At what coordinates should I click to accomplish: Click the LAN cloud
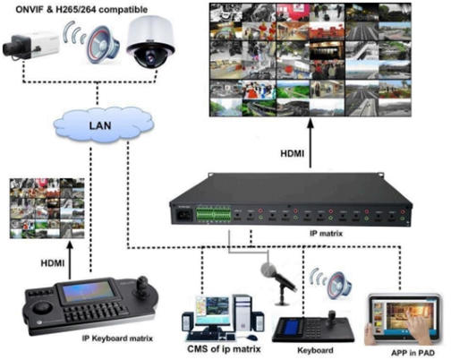coord(103,124)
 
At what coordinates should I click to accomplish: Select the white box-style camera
coord(31,47)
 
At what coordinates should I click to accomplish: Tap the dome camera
coord(150,41)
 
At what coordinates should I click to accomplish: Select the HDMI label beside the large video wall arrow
coord(292,154)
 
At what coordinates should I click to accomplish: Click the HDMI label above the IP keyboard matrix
coord(53,263)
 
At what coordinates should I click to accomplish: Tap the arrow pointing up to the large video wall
coord(311,142)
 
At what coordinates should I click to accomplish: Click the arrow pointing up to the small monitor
coord(70,261)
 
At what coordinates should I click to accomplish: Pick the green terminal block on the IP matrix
coord(213,214)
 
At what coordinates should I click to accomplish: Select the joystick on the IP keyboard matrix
coord(142,286)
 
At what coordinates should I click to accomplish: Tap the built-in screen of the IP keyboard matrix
coord(89,291)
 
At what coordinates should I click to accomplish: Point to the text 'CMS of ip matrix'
coord(224,349)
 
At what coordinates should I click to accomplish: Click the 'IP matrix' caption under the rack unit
coord(326,233)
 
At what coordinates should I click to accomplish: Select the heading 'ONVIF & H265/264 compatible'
coord(81,9)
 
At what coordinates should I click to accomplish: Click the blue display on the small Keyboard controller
coord(290,328)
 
